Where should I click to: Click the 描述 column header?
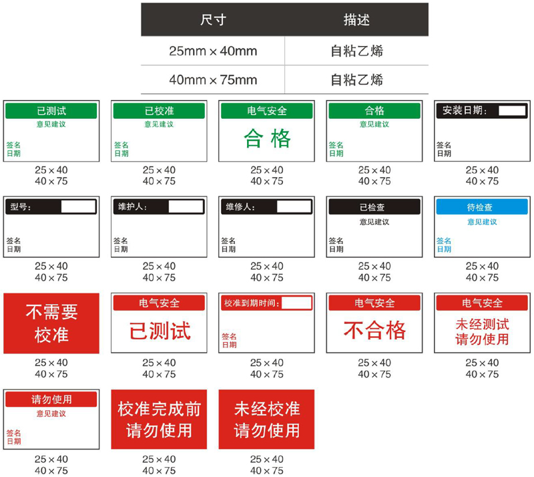click(x=356, y=20)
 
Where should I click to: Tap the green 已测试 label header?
click(x=51, y=111)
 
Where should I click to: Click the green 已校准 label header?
click(x=159, y=111)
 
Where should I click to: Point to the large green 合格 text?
click(x=267, y=139)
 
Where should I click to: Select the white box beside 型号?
click(x=79, y=206)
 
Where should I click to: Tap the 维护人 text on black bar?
click(x=132, y=206)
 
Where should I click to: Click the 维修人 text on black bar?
click(x=240, y=206)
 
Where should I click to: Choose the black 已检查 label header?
click(x=374, y=207)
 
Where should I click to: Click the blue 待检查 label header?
click(x=482, y=207)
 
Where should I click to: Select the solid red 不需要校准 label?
click(x=51, y=323)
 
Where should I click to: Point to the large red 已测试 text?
click(x=159, y=330)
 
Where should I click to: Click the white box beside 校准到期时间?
click(x=297, y=303)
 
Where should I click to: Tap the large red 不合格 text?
click(x=374, y=330)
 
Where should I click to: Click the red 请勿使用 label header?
click(x=51, y=400)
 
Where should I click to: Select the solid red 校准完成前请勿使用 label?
click(x=159, y=419)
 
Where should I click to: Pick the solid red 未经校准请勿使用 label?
click(x=266, y=419)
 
